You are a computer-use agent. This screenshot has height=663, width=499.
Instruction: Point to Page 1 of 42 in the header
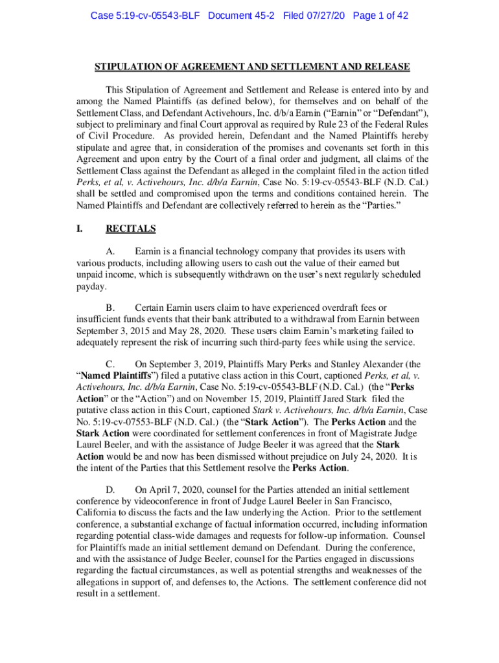(x=380, y=16)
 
